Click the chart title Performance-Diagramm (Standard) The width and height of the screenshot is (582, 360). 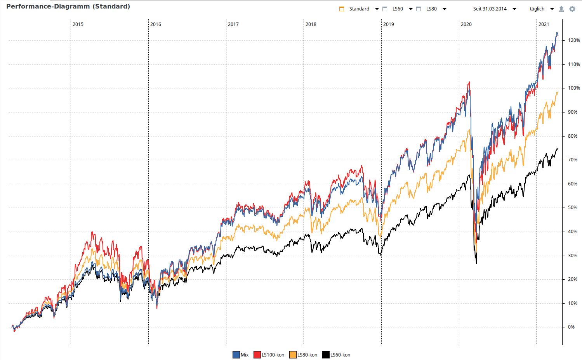68,7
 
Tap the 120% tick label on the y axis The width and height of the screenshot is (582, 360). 574,40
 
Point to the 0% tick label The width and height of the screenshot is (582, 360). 571,327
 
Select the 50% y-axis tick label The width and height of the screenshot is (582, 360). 572,208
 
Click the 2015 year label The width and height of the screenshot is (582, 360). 78,24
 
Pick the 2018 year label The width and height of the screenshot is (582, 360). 311,24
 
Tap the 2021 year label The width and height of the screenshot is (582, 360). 544,24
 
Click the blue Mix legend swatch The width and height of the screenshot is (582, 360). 236,355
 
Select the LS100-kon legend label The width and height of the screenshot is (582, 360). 273,355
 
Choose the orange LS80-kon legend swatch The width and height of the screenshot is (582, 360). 293,355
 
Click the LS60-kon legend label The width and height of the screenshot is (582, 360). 340,355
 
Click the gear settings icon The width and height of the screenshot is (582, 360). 572,9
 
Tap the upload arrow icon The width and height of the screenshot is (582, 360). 561,9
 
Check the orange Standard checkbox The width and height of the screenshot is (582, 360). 342,9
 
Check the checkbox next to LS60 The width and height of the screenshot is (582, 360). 385,9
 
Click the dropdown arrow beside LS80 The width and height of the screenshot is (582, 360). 445,9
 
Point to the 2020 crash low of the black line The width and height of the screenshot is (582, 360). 476,263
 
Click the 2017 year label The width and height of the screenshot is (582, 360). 233,24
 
